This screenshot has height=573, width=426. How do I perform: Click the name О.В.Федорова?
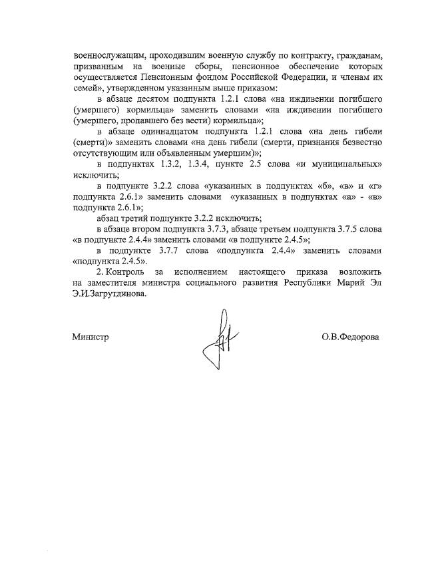click(x=350, y=337)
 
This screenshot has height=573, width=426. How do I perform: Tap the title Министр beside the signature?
click(x=91, y=337)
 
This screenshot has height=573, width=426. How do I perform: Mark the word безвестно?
click(x=356, y=142)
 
